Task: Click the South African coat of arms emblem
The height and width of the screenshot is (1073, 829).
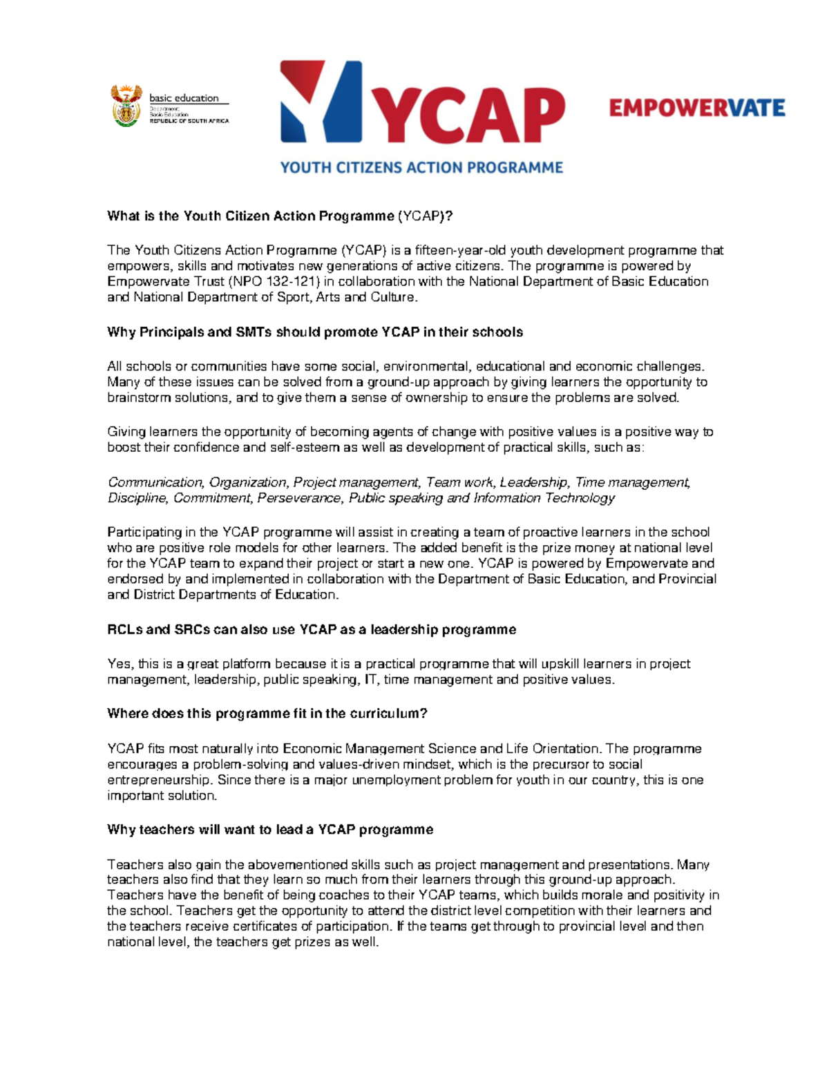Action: pyautogui.click(x=126, y=106)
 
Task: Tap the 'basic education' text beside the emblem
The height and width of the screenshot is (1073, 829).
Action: pyautogui.click(x=184, y=98)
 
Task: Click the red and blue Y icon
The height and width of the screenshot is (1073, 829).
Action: pyautogui.click(x=321, y=102)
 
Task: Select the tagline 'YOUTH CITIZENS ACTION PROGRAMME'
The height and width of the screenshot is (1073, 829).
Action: pyautogui.click(x=421, y=167)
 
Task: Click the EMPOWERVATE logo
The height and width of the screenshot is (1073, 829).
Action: pyautogui.click(x=696, y=108)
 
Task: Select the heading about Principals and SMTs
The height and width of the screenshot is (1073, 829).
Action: pyautogui.click(x=314, y=332)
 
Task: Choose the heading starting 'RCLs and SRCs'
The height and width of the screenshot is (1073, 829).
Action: pyautogui.click(x=312, y=629)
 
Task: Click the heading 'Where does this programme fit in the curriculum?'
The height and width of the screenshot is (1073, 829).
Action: pyautogui.click(x=267, y=714)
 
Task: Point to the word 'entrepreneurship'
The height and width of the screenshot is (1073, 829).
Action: pyautogui.click(x=158, y=780)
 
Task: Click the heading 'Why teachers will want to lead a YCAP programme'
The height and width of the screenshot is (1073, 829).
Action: pyautogui.click(x=270, y=830)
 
